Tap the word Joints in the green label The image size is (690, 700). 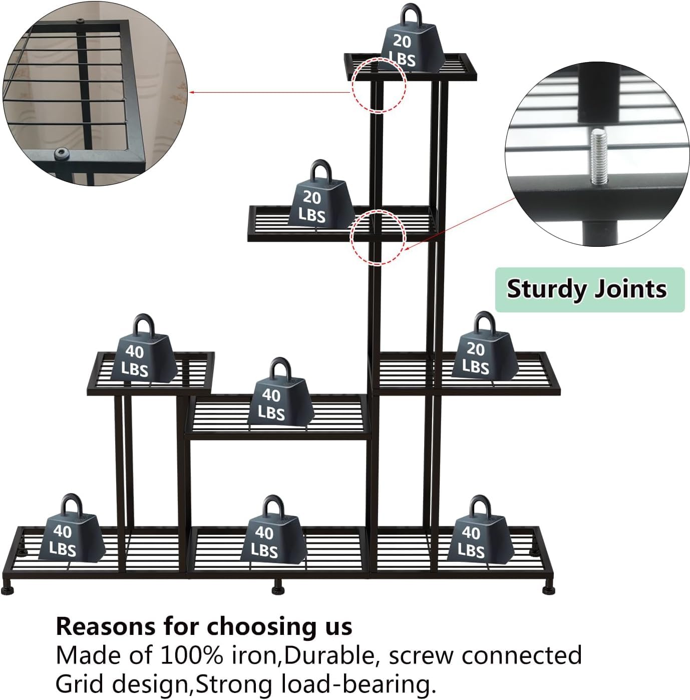pos(635,289)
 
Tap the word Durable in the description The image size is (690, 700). pos(325,655)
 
